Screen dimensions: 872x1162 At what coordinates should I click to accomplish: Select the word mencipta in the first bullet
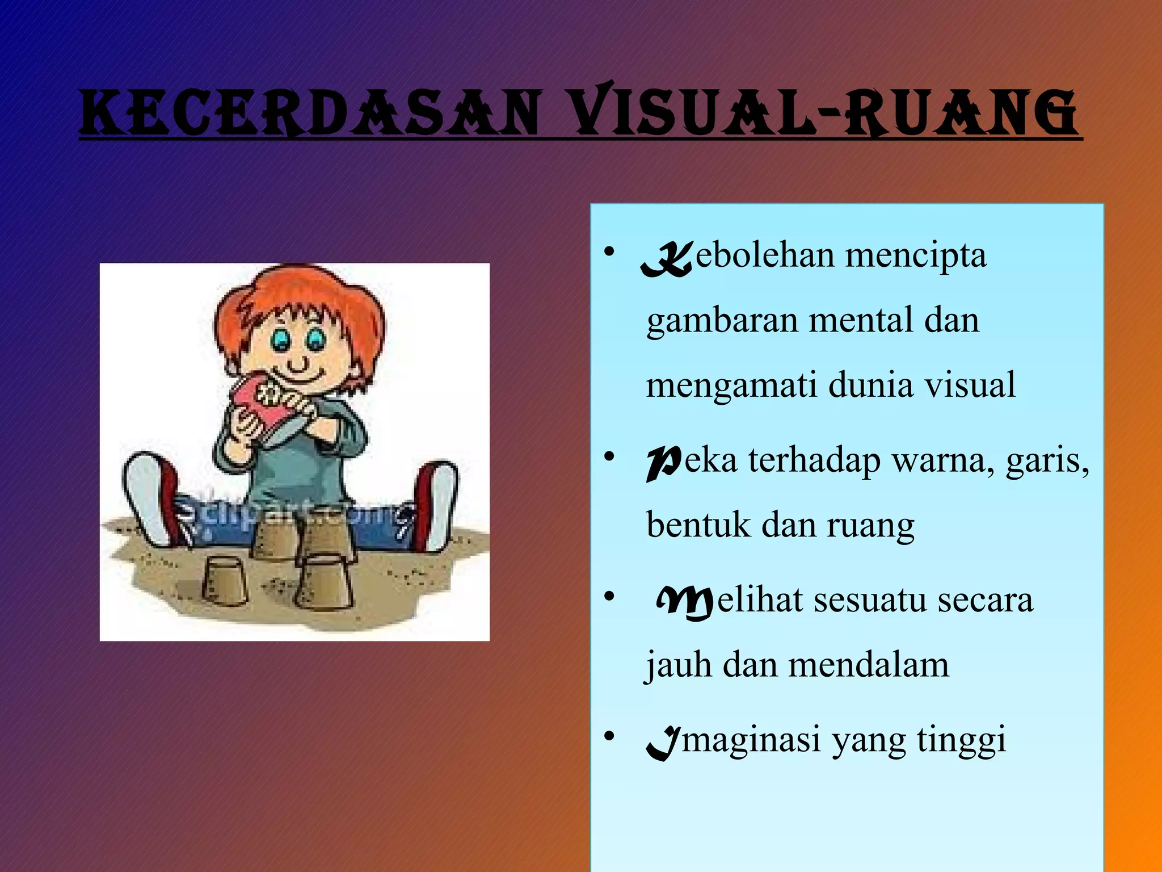(916, 255)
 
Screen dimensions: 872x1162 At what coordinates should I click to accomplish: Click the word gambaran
(722, 321)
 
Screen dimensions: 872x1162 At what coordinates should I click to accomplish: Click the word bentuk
(698, 525)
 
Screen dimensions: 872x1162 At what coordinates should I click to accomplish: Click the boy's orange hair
(295, 295)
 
